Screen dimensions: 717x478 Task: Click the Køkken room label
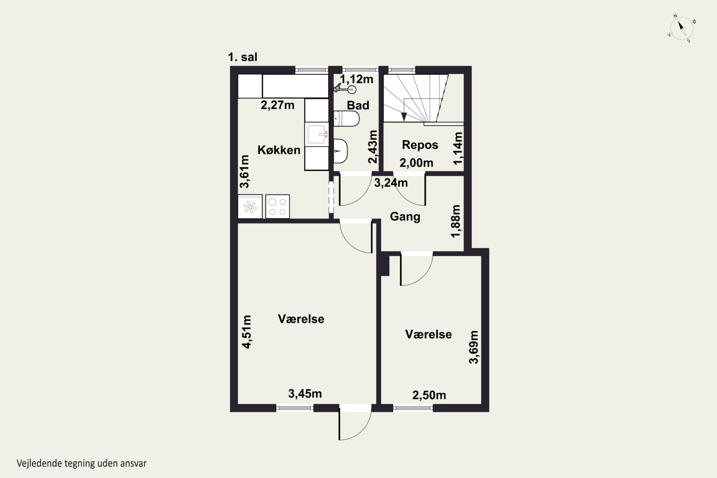coord(279,150)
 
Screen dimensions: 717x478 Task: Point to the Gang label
coord(405,217)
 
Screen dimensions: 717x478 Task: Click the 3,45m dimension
coord(305,394)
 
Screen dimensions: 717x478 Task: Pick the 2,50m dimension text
coord(429,395)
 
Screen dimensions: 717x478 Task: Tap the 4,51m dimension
coord(246,332)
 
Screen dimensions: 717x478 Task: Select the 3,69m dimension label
coord(473,347)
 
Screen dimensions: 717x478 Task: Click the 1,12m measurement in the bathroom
coord(356,79)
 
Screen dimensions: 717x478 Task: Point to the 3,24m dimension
coord(391,183)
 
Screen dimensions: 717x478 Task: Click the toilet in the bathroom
coord(346,119)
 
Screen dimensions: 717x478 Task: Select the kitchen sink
coord(317,134)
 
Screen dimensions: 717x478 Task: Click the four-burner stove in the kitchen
coord(277,207)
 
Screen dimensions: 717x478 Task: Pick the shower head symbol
coord(345,89)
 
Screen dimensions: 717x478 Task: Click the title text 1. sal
coord(243,57)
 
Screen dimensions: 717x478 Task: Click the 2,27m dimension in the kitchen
coord(277,105)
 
